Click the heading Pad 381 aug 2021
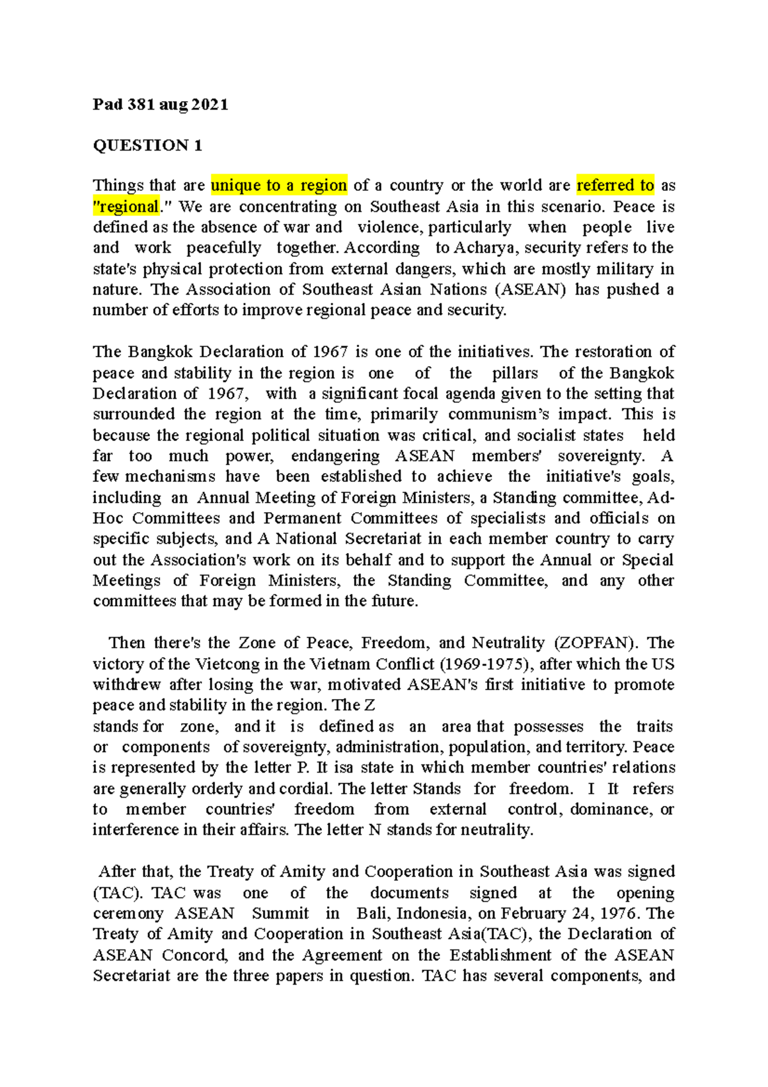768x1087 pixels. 160,104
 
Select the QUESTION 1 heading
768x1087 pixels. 147,145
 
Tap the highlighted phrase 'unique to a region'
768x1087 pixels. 279,186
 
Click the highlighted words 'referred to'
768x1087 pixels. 615,186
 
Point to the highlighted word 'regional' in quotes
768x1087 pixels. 127,207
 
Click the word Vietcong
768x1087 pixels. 237,664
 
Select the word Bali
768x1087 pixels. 372,914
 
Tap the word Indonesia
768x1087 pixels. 428,914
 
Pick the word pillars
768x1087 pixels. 515,373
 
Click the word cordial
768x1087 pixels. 305,789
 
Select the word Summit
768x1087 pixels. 280,914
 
